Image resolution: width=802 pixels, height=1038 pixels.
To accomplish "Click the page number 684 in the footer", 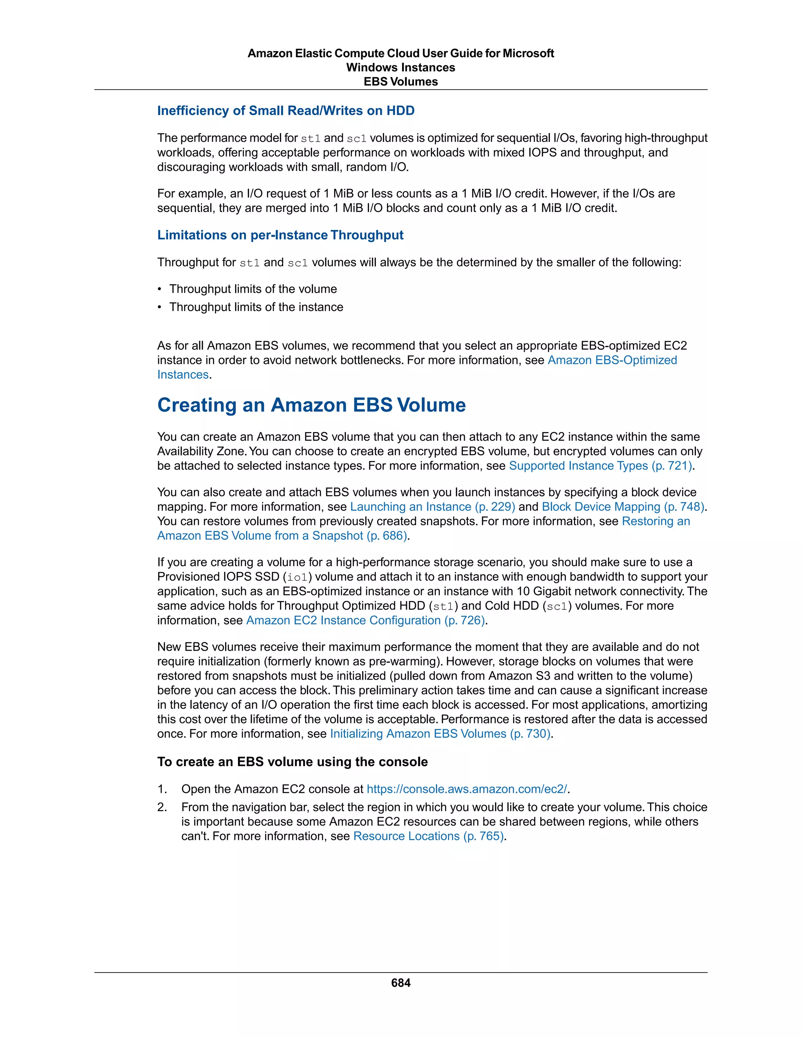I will (x=401, y=982).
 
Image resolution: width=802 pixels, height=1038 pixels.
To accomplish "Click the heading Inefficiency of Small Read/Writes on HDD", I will (x=285, y=111).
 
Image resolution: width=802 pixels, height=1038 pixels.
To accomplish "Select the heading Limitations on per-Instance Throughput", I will (x=280, y=235).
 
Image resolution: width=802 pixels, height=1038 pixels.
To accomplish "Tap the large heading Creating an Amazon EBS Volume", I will (x=311, y=405).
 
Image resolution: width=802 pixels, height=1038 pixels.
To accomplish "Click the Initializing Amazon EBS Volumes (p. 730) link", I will (x=440, y=734).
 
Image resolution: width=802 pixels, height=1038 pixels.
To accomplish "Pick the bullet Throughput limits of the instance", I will (x=256, y=307).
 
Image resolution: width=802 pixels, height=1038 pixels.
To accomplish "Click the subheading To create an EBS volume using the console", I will (x=292, y=762).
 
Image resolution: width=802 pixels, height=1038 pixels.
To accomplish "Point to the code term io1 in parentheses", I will (x=298, y=577).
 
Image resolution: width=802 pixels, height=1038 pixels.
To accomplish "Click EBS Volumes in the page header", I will (x=401, y=82).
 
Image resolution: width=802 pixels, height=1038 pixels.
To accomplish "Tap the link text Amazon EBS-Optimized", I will (x=612, y=360).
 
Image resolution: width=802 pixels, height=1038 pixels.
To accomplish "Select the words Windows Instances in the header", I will (x=401, y=67).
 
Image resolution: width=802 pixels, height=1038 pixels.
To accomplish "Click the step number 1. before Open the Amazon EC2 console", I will (x=162, y=789).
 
